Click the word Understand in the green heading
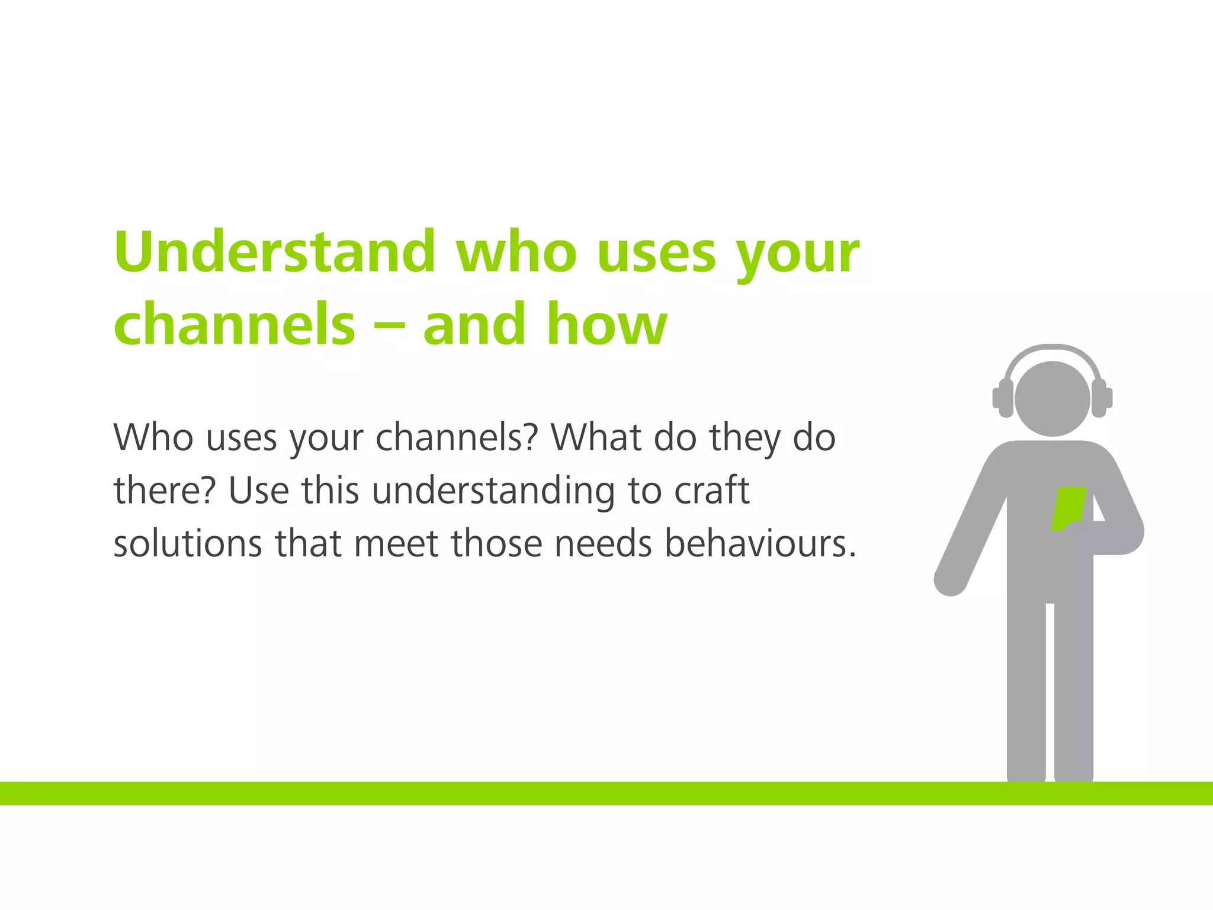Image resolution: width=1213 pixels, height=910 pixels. point(275,252)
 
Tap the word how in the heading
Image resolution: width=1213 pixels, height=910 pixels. point(607,324)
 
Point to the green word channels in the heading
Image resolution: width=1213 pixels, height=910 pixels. point(235,324)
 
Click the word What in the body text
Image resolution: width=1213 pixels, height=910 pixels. point(596,438)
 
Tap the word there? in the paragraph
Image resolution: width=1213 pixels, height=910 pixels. point(163,491)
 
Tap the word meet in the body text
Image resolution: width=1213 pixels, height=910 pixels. point(396,543)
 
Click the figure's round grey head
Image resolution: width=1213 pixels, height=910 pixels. point(1052,399)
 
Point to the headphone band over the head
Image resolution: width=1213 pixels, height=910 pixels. point(1052,351)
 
